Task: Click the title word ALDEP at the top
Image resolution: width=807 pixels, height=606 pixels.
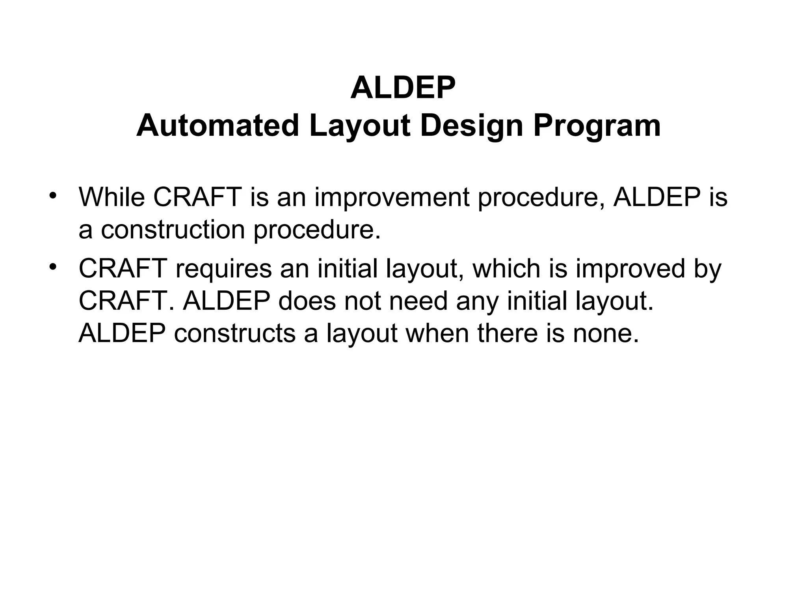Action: tap(403, 88)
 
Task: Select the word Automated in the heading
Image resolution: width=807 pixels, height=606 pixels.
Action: tap(218, 126)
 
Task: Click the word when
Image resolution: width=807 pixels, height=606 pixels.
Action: tap(437, 334)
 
